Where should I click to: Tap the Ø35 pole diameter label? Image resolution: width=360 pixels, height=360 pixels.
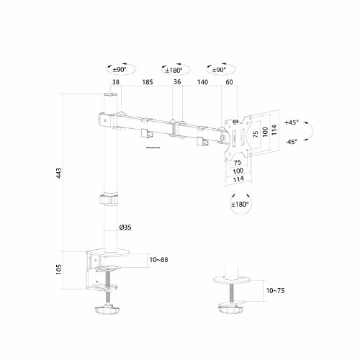[x=125, y=228]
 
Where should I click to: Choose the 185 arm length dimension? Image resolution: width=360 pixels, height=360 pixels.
[x=148, y=84]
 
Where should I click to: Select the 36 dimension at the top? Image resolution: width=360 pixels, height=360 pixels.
[x=177, y=84]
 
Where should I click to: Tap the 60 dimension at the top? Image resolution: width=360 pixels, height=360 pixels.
[x=229, y=84]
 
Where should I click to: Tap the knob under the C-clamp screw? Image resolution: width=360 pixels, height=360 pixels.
[x=107, y=311]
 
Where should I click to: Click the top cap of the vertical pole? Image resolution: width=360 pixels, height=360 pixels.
[x=112, y=95]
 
